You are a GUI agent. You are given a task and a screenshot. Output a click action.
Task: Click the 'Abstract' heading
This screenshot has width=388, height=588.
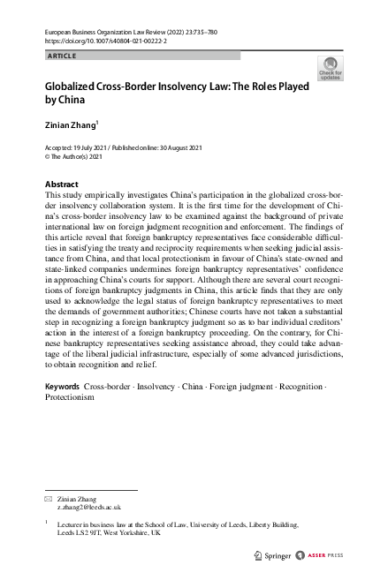61,185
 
